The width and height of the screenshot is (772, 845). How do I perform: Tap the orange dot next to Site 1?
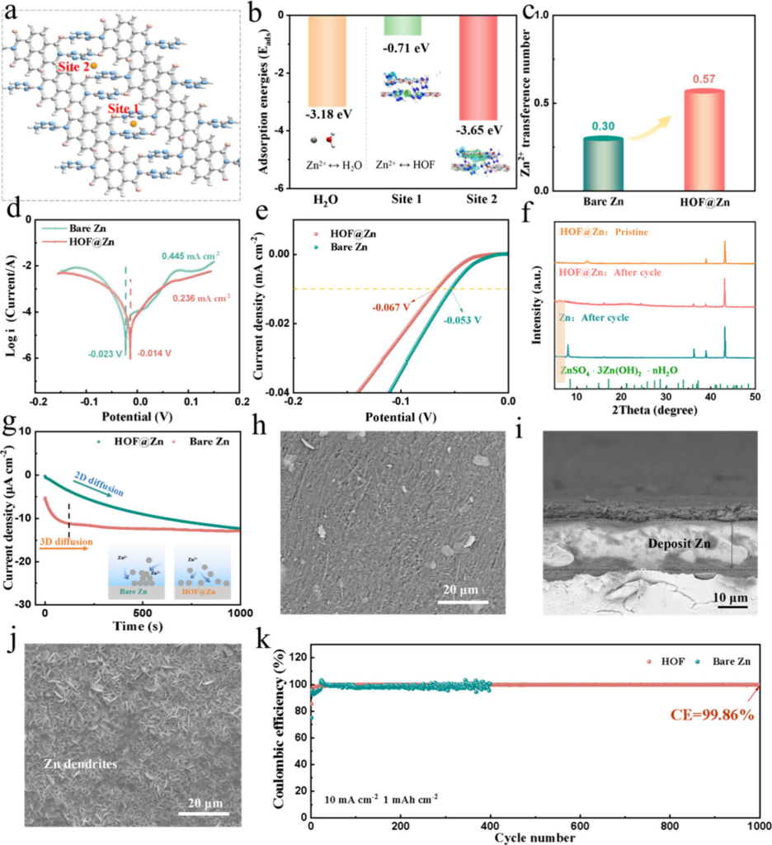coord(134,122)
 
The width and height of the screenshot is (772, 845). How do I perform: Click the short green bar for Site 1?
coord(402,26)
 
